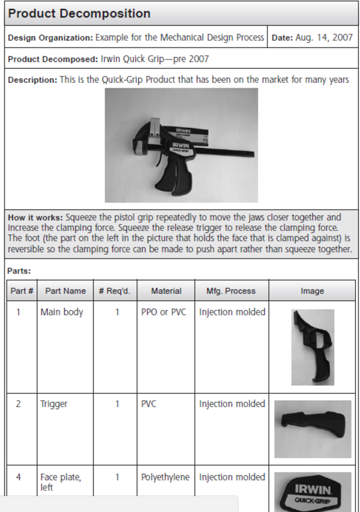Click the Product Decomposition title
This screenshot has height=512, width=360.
tap(79, 13)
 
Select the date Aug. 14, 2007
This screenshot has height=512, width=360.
tap(323, 38)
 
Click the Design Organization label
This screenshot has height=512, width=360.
tap(50, 38)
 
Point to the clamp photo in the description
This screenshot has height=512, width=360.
tap(181, 146)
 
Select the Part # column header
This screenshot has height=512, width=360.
tap(22, 291)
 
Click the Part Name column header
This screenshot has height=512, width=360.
tap(65, 291)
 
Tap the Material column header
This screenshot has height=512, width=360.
tap(166, 291)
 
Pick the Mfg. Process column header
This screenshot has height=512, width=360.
tap(231, 291)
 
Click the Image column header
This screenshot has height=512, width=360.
tap(312, 291)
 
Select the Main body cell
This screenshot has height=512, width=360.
tap(62, 312)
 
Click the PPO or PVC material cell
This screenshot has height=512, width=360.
tap(163, 312)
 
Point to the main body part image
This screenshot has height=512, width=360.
tap(312, 347)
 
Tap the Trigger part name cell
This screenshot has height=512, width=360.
tap(54, 404)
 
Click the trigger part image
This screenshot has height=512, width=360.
tap(313, 429)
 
